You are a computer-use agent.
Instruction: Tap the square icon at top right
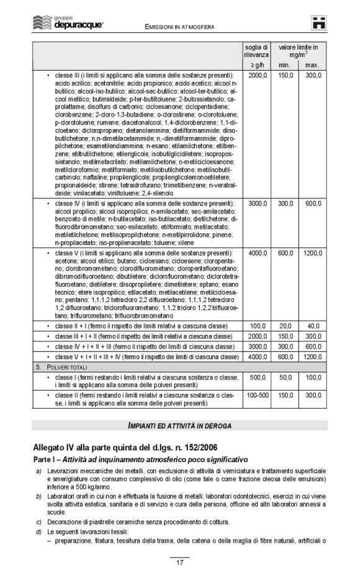click(319, 23)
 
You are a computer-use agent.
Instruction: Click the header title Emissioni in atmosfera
click(179, 27)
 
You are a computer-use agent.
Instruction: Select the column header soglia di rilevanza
click(256, 51)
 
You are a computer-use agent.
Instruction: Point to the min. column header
click(285, 65)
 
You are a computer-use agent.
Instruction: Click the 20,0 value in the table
click(285, 326)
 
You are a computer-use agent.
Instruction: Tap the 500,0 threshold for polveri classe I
click(257, 378)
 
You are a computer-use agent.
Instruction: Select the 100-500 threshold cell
click(257, 395)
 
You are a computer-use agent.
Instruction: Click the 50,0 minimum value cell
click(285, 378)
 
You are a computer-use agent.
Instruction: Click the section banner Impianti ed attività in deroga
click(179, 425)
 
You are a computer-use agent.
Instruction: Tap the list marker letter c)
click(38, 522)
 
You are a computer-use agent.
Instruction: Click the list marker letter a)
click(38, 473)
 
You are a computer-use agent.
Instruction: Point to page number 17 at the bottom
click(179, 563)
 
